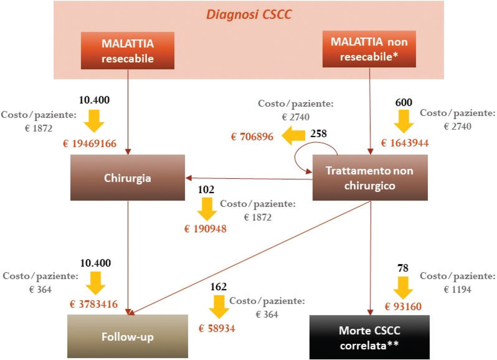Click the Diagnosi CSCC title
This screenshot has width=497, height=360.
click(x=249, y=15)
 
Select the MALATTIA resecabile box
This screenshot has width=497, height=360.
click(x=128, y=50)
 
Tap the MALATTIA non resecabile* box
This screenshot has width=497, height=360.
click(x=369, y=49)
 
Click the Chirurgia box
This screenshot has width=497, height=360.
click(x=128, y=178)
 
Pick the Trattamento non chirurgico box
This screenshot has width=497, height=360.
click(x=370, y=178)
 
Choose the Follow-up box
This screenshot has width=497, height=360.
click(x=128, y=337)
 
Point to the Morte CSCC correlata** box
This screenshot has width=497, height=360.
click(x=369, y=338)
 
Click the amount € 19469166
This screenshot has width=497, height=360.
click(x=90, y=144)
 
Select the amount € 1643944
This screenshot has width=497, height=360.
click(x=405, y=143)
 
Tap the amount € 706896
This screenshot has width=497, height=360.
click(x=252, y=137)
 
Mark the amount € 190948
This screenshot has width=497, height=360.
click(x=205, y=229)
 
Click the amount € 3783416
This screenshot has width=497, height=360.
click(x=94, y=304)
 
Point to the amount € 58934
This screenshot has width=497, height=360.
click(x=217, y=329)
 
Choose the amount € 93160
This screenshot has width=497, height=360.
click(x=403, y=307)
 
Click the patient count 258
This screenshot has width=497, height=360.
click(x=318, y=133)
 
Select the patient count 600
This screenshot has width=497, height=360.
click(x=404, y=103)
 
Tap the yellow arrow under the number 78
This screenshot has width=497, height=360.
click(x=403, y=287)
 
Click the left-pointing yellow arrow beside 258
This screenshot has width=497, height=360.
click(x=293, y=136)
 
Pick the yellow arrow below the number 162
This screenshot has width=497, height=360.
click(x=219, y=306)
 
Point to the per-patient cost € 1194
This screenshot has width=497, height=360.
click(x=457, y=290)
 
